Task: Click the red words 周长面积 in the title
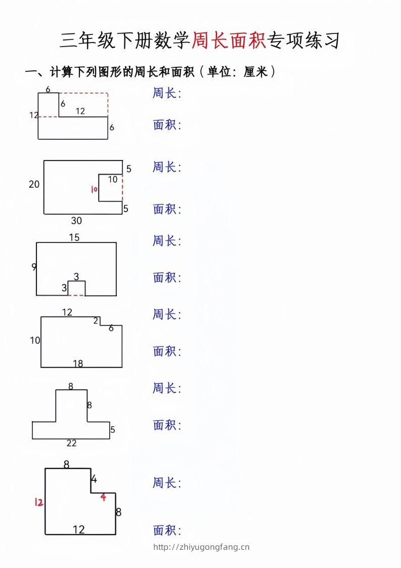(x=229, y=40)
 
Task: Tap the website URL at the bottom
(x=201, y=547)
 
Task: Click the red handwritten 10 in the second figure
(x=94, y=189)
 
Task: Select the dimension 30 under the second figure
(x=76, y=221)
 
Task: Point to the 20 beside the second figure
(x=34, y=184)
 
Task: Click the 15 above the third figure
(x=74, y=237)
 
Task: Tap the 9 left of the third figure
(x=34, y=267)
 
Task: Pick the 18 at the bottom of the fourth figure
(x=78, y=363)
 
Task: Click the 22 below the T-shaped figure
(x=71, y=443)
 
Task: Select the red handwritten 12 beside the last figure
(x=38, y=502)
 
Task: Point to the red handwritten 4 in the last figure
(x=103, y=497)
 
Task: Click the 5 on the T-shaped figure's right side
(x=113, y=430)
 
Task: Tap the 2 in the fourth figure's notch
(x=96, y=320)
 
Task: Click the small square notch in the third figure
(x=77, y=288)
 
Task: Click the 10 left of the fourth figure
(x=34, y=340)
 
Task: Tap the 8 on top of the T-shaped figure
(x=71, y=386)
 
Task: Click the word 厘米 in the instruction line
(x=255, y=72)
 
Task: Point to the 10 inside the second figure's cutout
(x=113, y=179)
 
